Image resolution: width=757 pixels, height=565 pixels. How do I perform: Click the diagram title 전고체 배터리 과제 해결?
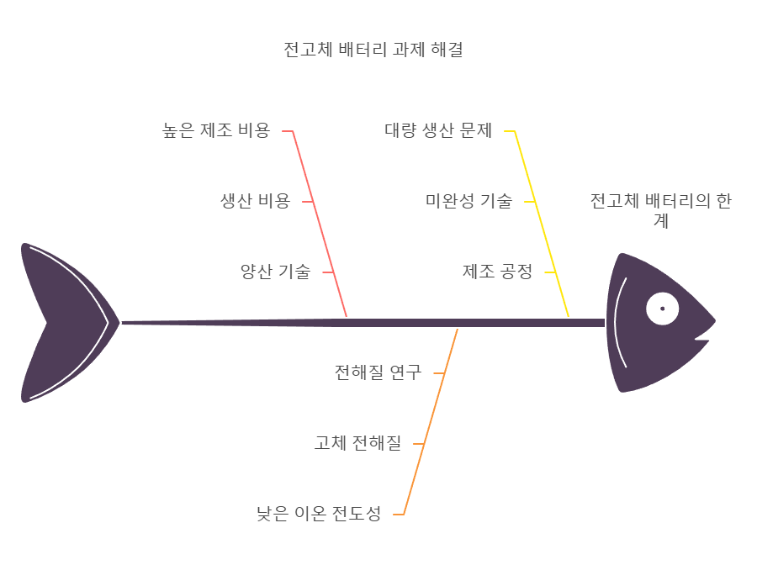[373, 50]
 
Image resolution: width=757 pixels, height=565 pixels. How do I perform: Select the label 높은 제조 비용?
[216, 130]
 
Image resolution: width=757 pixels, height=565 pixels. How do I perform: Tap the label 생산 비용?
[255, 201]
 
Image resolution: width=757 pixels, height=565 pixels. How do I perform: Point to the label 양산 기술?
[275, 272]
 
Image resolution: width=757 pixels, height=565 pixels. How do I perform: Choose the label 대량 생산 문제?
[438, 130]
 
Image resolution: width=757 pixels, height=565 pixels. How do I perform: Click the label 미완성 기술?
[468, 201]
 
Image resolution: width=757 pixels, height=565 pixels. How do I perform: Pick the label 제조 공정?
[497, 272]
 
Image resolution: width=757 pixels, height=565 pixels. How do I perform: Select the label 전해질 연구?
[378, 372]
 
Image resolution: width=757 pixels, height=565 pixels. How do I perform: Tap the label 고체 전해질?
[357, 442]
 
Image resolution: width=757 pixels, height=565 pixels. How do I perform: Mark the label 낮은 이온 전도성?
[319, 513]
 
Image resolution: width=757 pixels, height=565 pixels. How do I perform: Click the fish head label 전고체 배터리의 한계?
[660, 211]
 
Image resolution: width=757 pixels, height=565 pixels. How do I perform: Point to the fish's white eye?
[662, 309]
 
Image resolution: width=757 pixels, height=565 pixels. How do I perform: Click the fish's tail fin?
[59, 323]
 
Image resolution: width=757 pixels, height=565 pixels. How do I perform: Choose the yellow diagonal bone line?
[543, 227]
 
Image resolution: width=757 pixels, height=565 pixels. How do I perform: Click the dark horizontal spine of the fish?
[362, 323]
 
